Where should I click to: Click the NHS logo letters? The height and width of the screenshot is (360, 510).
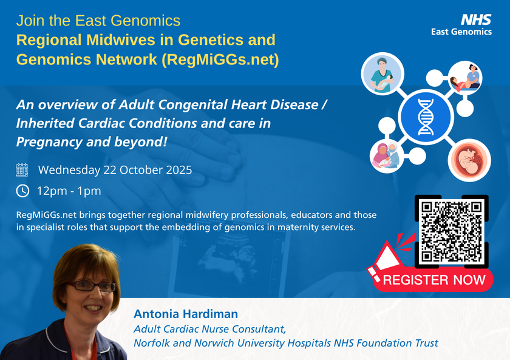pos(476,20)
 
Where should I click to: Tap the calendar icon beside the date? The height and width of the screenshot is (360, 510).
pos(22,170)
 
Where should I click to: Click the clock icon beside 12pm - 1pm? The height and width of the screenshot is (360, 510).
pos(22,191)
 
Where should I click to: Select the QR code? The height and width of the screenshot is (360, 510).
pos(452,231)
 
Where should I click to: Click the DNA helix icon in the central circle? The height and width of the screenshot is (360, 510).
pos(426,117)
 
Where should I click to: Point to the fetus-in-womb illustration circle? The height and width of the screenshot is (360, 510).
pos(469,160)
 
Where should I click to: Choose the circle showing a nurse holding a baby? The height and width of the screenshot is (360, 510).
pos(382,74)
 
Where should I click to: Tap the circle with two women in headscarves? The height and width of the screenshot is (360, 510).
pos(387,156)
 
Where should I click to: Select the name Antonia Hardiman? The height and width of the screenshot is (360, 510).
pos(186,314)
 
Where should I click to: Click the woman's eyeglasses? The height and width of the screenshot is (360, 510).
pos(92,286)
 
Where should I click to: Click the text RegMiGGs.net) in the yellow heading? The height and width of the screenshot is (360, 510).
pos(220,59)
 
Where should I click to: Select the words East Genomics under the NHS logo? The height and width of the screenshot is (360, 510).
pos(461,32)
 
